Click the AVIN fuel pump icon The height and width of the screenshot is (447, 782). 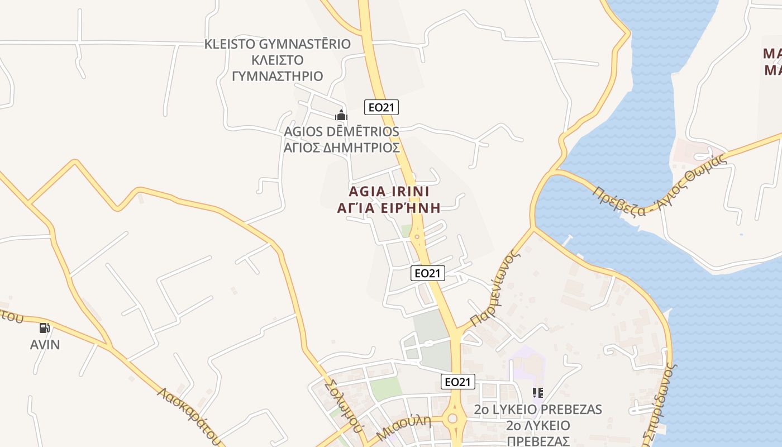tap(45, 328)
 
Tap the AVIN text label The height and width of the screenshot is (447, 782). tap(45, 344)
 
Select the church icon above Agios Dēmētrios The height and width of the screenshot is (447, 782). tap(341, 116)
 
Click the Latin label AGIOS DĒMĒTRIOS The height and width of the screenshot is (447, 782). tap(342, 132)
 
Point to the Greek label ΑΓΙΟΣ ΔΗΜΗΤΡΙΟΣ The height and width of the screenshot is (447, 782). tap(342, 148)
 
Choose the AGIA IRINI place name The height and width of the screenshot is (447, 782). tap(389, 192)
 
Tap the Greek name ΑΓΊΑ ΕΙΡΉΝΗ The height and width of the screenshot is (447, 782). tap(389, 208)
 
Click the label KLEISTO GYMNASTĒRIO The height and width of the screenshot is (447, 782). tap(278, 44)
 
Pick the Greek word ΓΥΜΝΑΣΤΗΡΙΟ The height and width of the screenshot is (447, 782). tap(278, 76)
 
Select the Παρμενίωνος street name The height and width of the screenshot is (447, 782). tap(492, 288)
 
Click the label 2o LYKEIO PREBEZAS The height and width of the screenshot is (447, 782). tap(538, 410)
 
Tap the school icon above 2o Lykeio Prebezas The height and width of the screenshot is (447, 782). tap(538, 393)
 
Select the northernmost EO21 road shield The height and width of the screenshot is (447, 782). tap(382, 107)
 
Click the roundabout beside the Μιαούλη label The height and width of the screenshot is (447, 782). tap(452, 419)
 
